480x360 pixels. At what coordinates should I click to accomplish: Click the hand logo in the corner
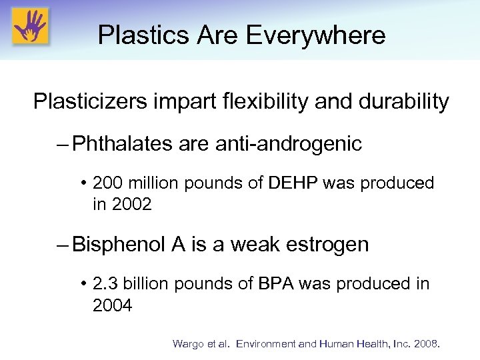pyautogui.click(x=29, y=27)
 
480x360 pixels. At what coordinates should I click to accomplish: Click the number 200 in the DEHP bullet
pyautogui.click(x=107, y=183)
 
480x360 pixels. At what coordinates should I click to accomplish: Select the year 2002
pyautogui.click(x=132, y=205)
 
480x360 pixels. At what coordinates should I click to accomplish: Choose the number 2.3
pyautogui.click(x=103, y=284)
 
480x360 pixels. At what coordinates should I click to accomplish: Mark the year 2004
pyautogui.click(x=113, y=306)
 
